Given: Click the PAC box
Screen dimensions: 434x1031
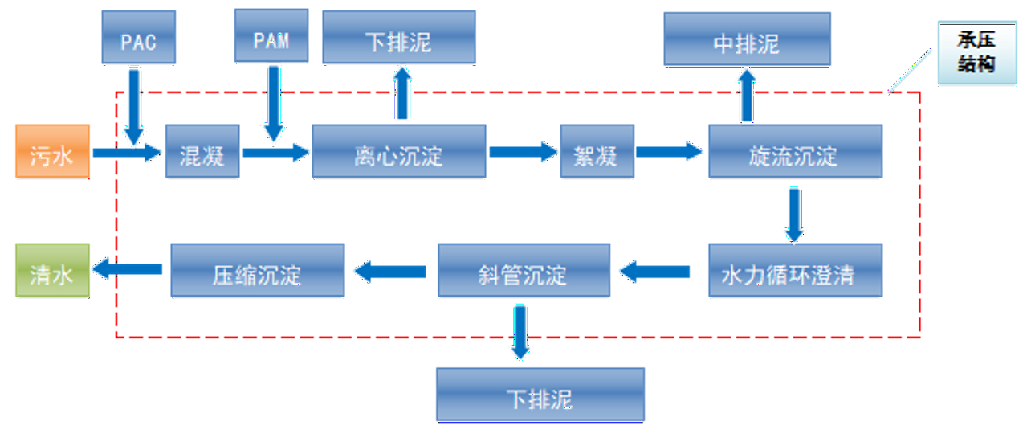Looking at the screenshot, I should [139, 39].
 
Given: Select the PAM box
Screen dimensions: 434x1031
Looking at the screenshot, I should [271, 36].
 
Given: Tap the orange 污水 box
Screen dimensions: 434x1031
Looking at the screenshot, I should [52, 151].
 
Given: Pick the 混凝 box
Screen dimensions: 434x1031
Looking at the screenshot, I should [202, 151].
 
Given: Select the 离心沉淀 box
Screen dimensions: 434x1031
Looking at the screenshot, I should [398, 151].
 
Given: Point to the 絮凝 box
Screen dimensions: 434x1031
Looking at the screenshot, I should [597, 151].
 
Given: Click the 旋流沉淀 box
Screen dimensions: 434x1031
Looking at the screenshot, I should [794, 151].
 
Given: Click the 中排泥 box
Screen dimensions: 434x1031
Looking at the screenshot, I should [747, 39].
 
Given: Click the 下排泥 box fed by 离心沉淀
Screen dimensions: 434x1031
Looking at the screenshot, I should [398, 38].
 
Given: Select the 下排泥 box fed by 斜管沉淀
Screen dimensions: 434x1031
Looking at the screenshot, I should [540, 395].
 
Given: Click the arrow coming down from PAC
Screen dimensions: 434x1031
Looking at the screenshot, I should [134, 104].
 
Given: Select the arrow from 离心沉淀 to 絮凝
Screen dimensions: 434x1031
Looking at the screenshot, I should [523, 151].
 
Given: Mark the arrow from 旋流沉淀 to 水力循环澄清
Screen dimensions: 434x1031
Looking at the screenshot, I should [794, 213].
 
